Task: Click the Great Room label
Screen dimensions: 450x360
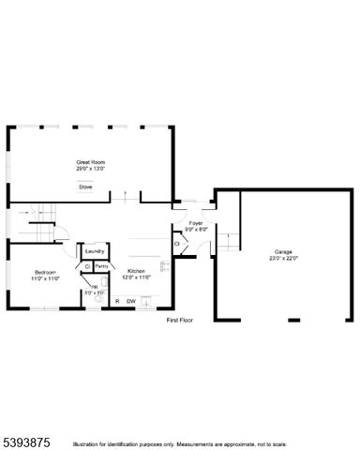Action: pyautogui.click(x=90, y=162)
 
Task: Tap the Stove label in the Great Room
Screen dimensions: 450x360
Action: pyautogui.click(x=85, y=187)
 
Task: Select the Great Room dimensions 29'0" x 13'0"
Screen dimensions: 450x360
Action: pyautogui.click(x=90, y=169)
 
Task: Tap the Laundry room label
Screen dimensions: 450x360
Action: pyautogui.click(x=94, y=251)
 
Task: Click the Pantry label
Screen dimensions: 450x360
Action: pyautogui.click(x=103, y=266)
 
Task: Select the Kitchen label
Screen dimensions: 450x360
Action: pyautogui.click(x=137, y=271)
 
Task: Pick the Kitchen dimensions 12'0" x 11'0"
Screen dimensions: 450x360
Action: pyautogui.click(x=137, y=277)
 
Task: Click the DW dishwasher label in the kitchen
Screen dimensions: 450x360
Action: pyautogui.click(x=131, y=301)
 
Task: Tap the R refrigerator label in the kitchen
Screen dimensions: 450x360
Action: pyautogui.click(x=117, y=301)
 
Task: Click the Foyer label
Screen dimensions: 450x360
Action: pyautogui.click(x=196, y=223)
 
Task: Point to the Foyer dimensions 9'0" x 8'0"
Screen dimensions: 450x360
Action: pyautogui.click(x=196, y=230)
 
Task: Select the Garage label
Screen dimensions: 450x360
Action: pyautogui.click(x=283, y=251)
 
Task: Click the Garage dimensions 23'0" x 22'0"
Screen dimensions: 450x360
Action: pyautogui.click(x=283, y=258)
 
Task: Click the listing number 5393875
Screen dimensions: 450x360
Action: pyautogui.click(x=25, y=438)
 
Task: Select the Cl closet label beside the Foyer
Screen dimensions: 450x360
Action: pyautogui.click(x=177, y=245)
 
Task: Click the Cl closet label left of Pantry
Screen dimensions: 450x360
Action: pyautogui.click(x=87, y=266)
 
